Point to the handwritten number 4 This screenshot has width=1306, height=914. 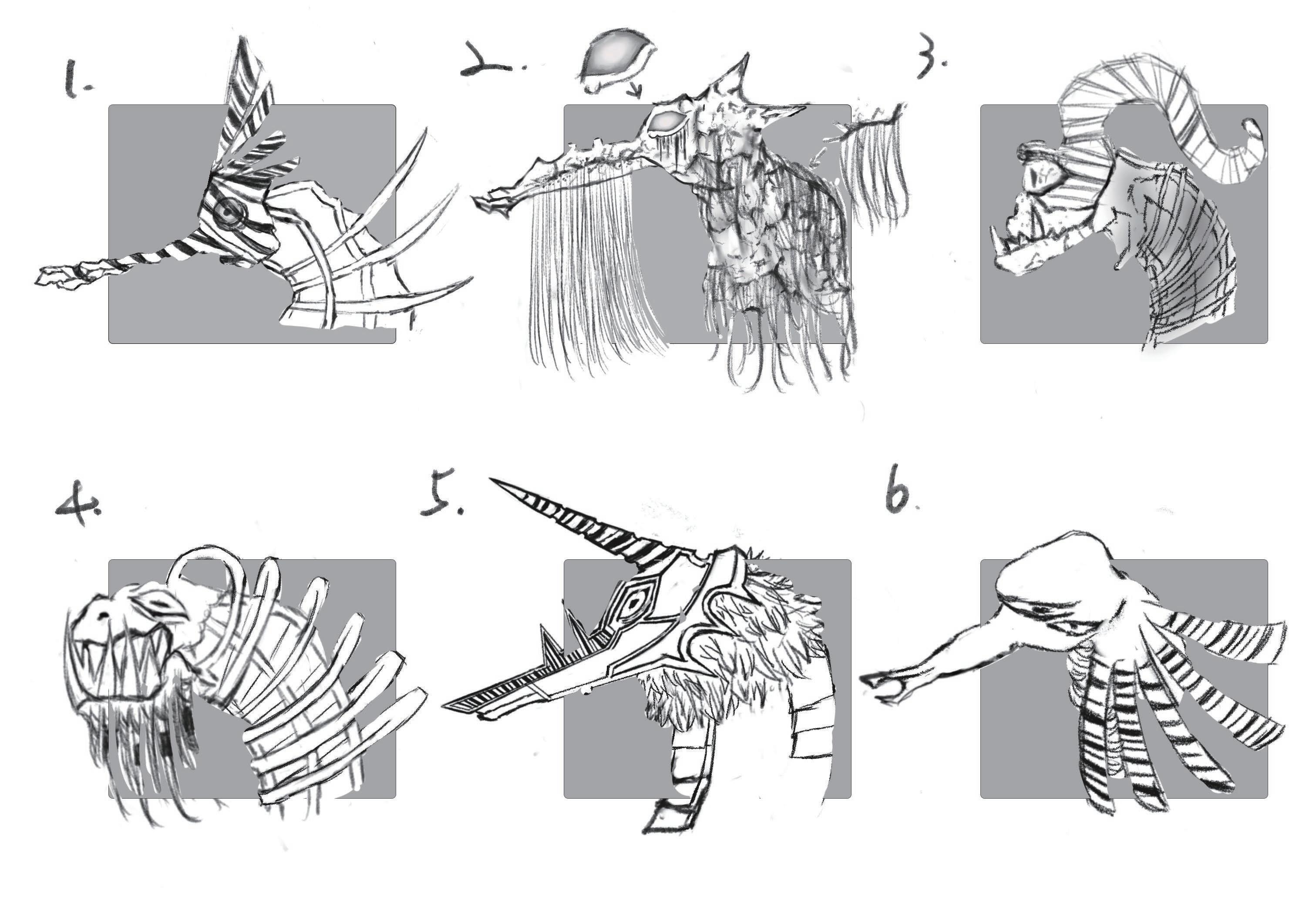click(x=78, y=503)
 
